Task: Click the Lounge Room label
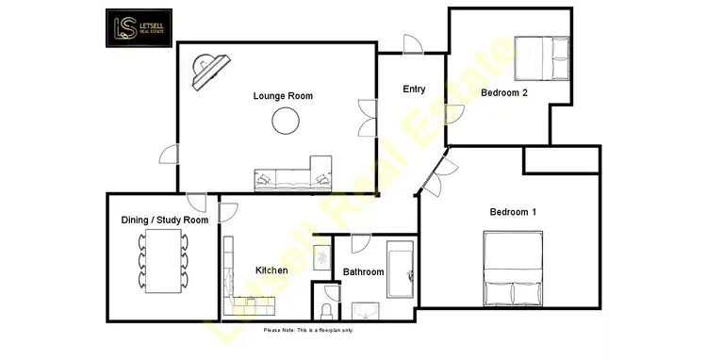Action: pos(283,96)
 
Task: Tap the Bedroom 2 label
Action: pos(503,92)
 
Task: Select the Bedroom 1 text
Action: pos(513,212)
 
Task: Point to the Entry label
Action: pos(414,90)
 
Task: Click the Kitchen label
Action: pos(271,271)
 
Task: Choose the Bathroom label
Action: pos(363,272)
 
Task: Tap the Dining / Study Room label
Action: pos(164,221)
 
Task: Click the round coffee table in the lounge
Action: pos(286,120)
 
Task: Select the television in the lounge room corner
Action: pos(209,72)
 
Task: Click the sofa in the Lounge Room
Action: pos(293,175)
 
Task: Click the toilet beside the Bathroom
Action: pos(326,309)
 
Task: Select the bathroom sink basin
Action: pos(365,310)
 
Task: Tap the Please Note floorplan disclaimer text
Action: pos(308,330)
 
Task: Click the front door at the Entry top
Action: pos(411,45)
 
